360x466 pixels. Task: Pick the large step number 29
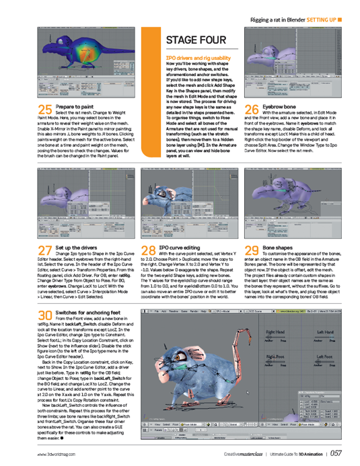pyautogui.click(x=252, y=250)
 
